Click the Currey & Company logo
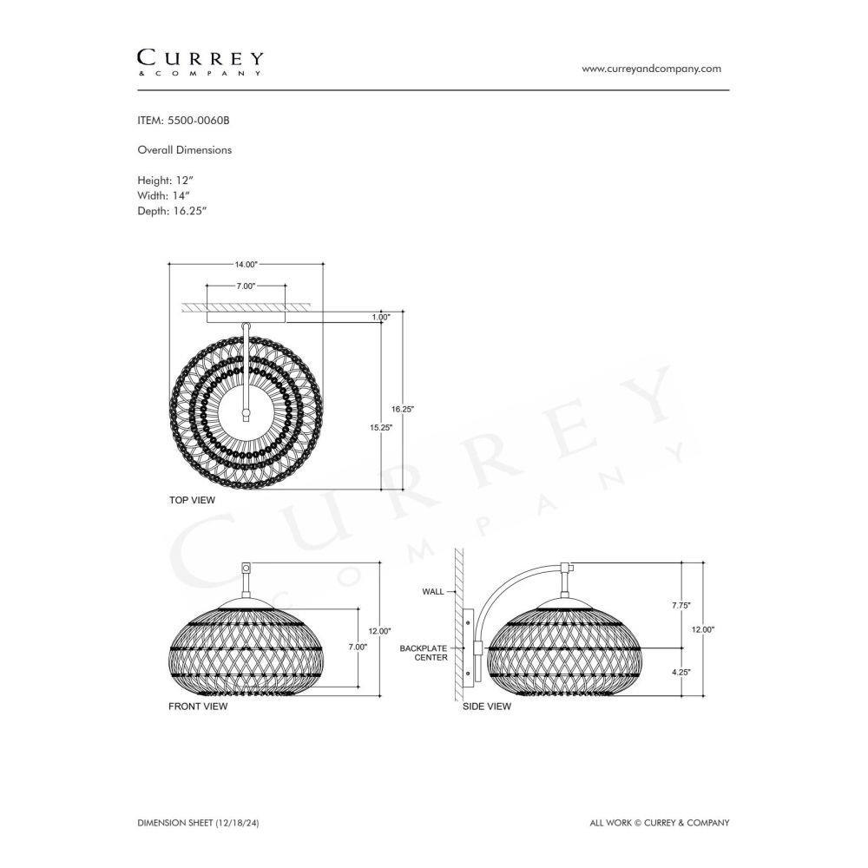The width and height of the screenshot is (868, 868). point(200,62)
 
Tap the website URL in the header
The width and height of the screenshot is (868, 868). point(651,69)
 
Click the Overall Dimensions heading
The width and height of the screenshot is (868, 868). point(184,150)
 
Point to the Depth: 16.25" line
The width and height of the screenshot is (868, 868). point(172,210)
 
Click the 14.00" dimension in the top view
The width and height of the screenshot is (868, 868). point(246,265)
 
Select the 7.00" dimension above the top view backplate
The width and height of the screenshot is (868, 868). point(246,286)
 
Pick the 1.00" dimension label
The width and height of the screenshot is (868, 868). point(381,317)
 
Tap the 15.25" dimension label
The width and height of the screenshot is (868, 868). point(381,427)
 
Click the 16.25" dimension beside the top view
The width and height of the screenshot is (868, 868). point(403,409)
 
